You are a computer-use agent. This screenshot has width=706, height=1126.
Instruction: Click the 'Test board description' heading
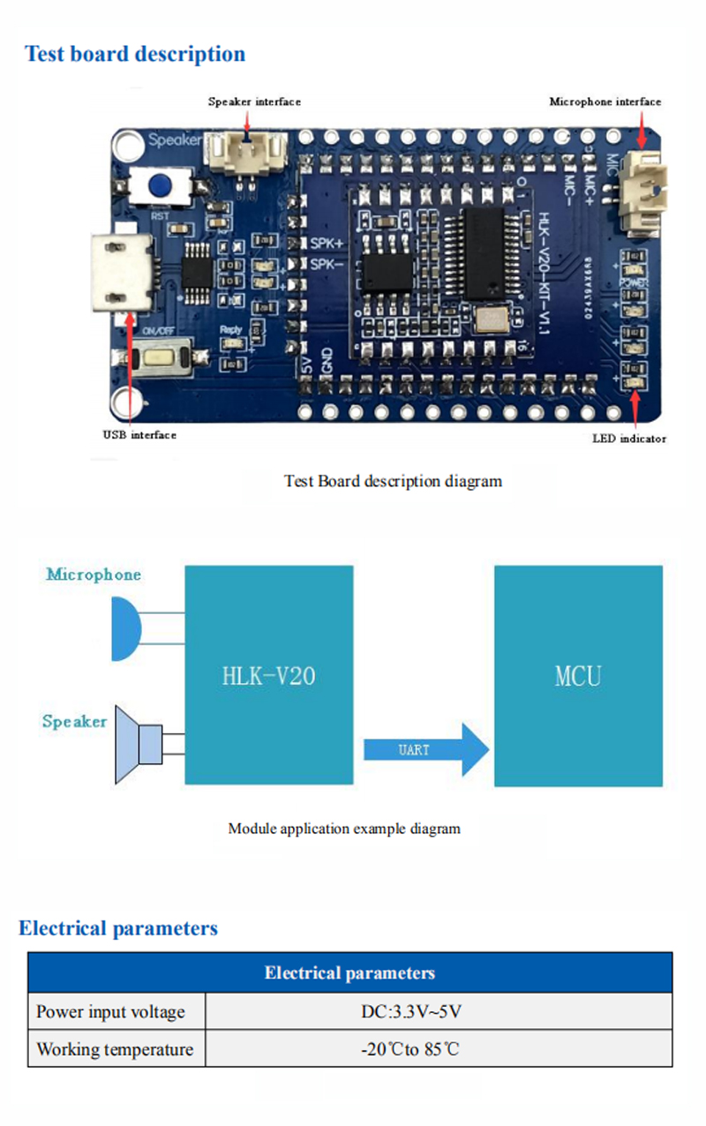[x=135, y=54]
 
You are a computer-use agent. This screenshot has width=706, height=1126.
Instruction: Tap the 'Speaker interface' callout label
[x=254, y=101]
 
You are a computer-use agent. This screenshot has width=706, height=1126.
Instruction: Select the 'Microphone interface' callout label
[x=605, y=101]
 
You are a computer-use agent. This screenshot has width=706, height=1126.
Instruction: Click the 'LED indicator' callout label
[x=629, y=439]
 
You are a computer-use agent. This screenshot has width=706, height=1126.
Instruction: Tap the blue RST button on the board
[x=159, y=186]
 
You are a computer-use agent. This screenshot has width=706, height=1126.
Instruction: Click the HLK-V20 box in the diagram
[x=268, y=675]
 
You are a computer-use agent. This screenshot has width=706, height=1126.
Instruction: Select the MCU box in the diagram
[x=578, y=675]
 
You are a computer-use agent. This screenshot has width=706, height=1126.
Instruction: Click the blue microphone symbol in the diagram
[x=126, y=628]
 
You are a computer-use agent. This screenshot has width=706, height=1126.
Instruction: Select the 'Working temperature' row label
[x=115, y=1049]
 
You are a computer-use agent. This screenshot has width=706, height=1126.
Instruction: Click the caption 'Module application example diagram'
[x=344, y=829]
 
